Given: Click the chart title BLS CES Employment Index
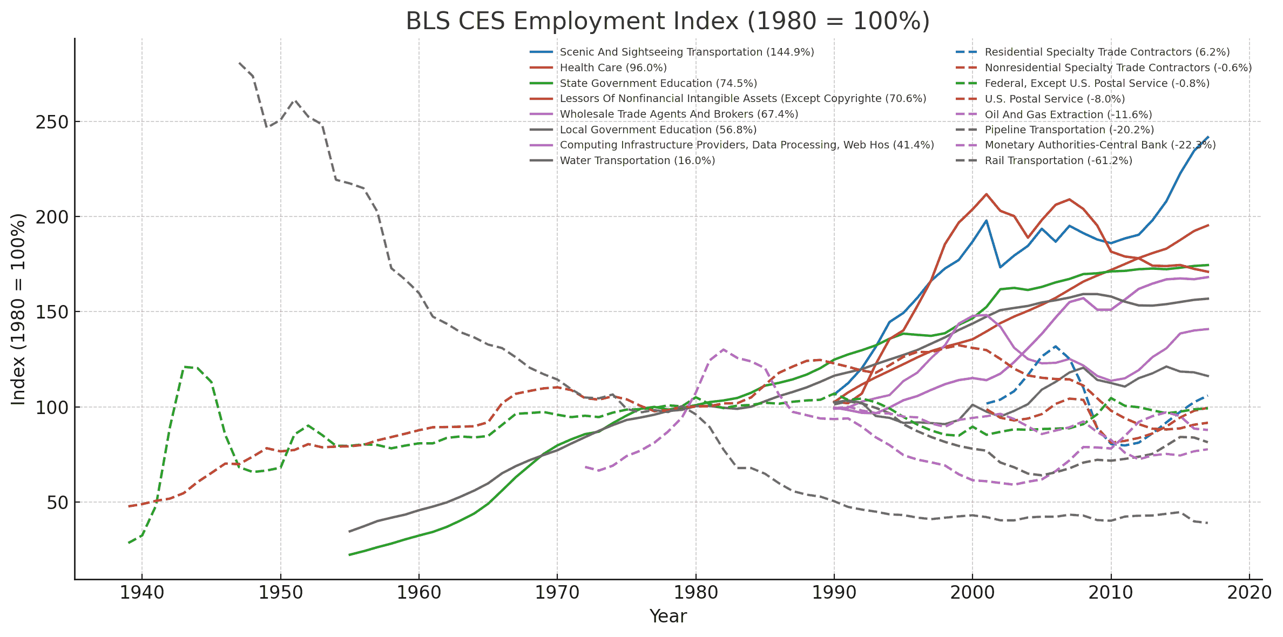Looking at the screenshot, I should [x=667, y=22].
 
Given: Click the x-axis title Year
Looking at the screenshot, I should [x=667, y=616].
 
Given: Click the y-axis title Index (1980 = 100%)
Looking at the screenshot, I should [x=18, y=309].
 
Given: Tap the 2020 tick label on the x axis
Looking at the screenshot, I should [x=1249, y=593].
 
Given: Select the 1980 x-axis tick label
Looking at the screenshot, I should [x=695, y=593].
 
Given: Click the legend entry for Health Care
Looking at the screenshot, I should [x=613, y=68].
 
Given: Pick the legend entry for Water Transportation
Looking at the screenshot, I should [x=637, y=161].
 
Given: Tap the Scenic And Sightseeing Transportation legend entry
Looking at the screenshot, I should [x=686, y=52].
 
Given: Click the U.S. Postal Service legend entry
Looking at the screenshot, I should [x=1054, y=99].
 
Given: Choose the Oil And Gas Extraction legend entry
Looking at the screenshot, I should [x=1068, y=115].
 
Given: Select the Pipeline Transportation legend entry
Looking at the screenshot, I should [x=1069, y=130].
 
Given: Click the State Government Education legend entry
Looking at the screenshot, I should [x=658, y=84].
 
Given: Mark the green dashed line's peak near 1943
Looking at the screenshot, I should [x=184, y=367].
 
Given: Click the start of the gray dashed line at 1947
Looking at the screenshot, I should [x=239, y=63].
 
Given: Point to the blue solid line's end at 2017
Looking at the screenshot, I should [x=1208, y=137].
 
